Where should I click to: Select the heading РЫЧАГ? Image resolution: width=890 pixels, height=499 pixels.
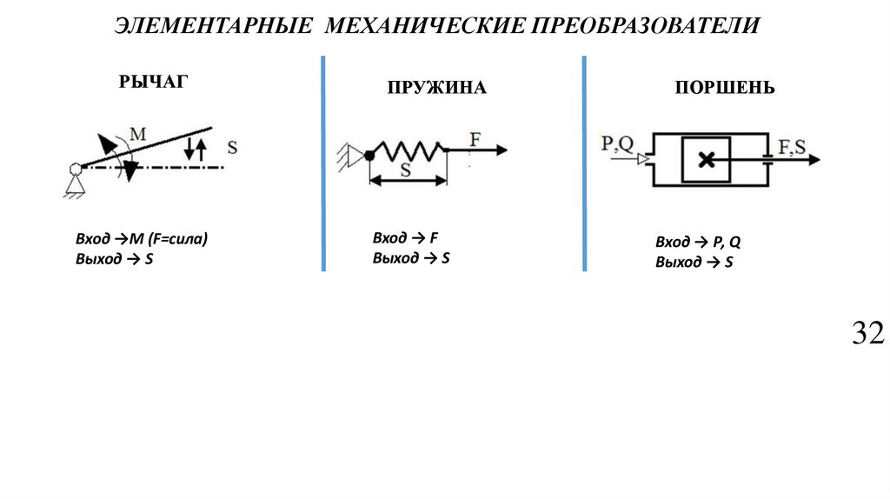point(153,83)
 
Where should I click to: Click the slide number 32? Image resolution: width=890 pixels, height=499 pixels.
point(867,333)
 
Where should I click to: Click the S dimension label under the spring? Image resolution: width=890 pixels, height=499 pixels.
point(405,170)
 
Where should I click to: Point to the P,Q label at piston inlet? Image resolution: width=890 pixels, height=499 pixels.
point(617,143)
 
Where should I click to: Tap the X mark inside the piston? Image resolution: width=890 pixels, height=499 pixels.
point(707,160)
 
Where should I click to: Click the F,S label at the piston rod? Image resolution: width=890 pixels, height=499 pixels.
point(791,146)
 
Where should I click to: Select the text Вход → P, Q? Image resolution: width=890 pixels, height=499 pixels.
point(698,243)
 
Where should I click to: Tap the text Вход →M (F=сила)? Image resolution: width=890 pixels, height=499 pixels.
point(143,239)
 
